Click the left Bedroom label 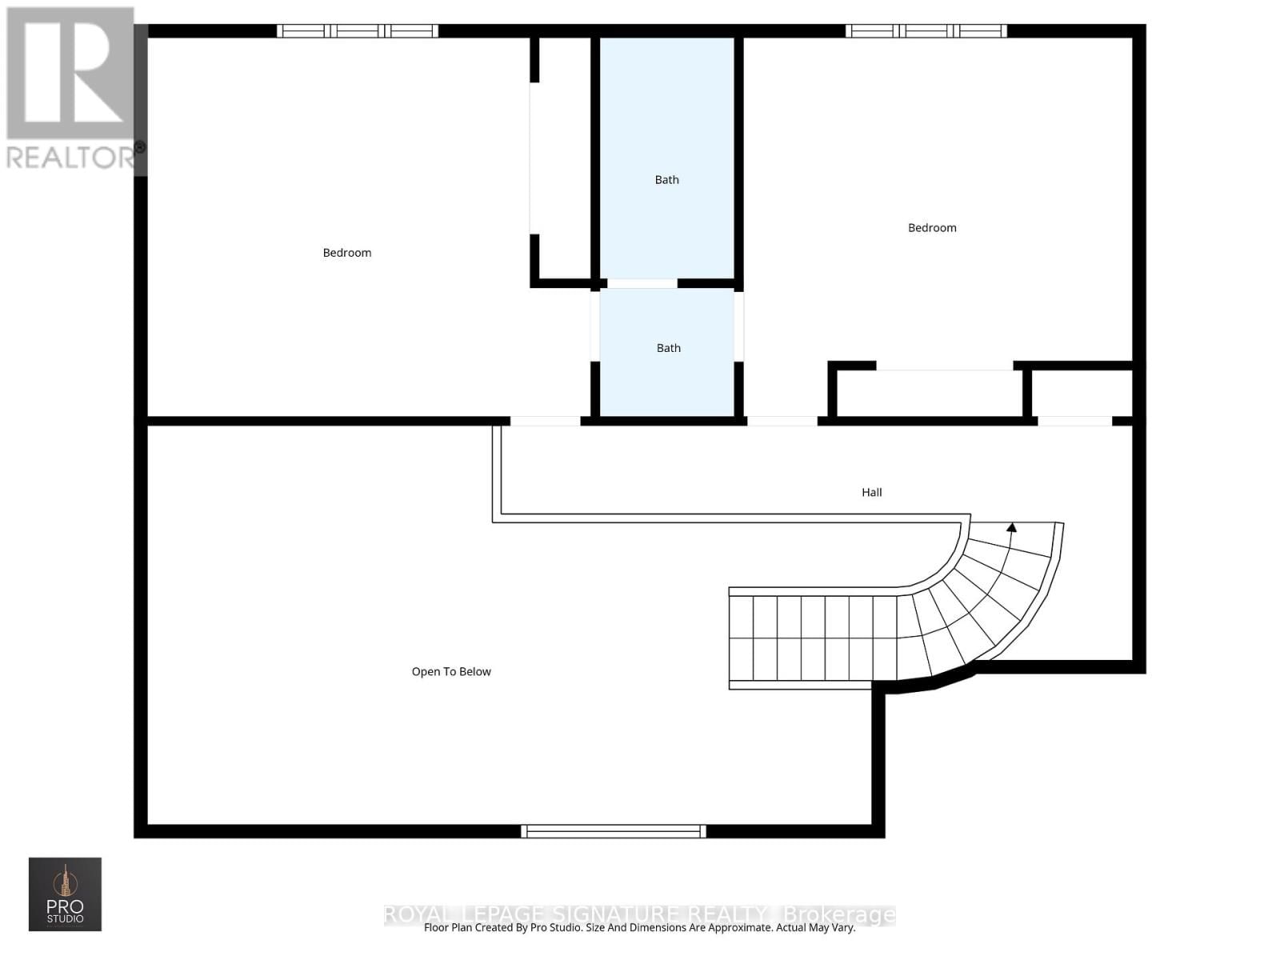click(346, 253)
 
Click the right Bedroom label click(932, 228)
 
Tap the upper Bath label click(666, 180)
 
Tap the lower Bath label click(668, 348)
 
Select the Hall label click(871, 493)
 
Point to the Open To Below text click(451, 672)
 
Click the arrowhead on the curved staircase click(1011, 527)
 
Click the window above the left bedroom click(358, 31)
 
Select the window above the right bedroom click(926, 31)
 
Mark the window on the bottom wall click(613, 831)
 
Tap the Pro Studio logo click(65, 894)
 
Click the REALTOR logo click(72, 88)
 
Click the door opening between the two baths click(642, 283)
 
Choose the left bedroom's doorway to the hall click(545, 421)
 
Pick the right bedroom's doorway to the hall click(782, 421)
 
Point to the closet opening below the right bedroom click(945, 366)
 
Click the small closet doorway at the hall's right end click(1074, 421)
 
